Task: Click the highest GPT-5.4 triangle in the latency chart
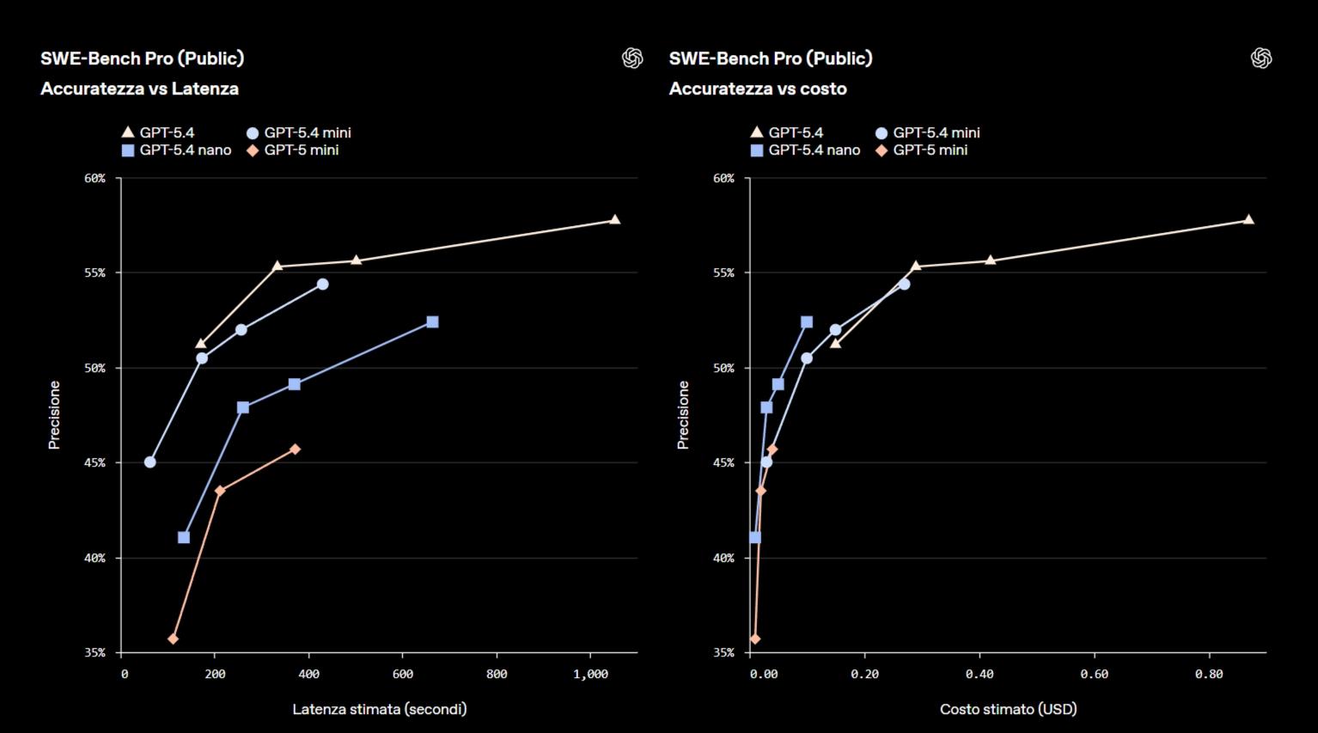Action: (x=614, y=220)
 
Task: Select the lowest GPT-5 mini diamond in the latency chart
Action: (x=173, y=638)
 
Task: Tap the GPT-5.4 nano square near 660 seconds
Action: (x=432, y=321)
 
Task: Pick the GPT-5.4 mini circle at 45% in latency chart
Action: (x=150, y=461)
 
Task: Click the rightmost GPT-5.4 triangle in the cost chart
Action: (x=1248, y=220)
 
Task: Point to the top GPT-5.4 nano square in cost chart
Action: (x=806, y=321)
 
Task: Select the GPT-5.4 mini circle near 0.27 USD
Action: (x=904, y=284)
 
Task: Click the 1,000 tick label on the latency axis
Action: (x=590, y=675)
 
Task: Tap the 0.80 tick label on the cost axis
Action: (x=1208, y=675)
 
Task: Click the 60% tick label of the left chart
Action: (x=95, y=179)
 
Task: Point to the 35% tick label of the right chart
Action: (x=723, y=653)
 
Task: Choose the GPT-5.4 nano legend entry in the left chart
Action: (x=177, y=150)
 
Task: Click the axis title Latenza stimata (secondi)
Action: (x=380, y=709)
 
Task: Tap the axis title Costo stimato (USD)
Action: (x=1008, y=709)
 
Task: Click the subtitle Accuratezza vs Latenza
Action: (x=139, y=89)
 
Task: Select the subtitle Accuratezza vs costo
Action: (x=758, y=89)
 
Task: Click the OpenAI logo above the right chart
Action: (x=1260, y=58)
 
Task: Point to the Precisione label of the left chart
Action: (x=54, y=415)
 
